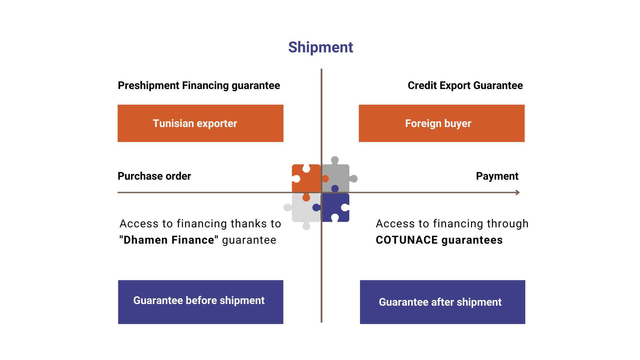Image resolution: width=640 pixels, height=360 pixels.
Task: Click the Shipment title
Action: (320, 47)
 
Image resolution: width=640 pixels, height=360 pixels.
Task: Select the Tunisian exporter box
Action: (200, 123)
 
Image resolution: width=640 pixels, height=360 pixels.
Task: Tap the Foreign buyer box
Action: (441, 123)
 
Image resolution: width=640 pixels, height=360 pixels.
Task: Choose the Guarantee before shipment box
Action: (200, 302)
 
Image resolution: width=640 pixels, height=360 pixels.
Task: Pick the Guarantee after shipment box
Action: (442, 302)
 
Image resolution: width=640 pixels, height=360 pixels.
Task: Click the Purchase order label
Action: (154, 176)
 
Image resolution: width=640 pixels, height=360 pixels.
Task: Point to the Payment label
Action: (497, 176)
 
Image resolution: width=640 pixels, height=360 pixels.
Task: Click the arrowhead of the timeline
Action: (518, 192)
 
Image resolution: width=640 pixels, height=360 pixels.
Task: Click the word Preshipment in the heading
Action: (149, 86)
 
